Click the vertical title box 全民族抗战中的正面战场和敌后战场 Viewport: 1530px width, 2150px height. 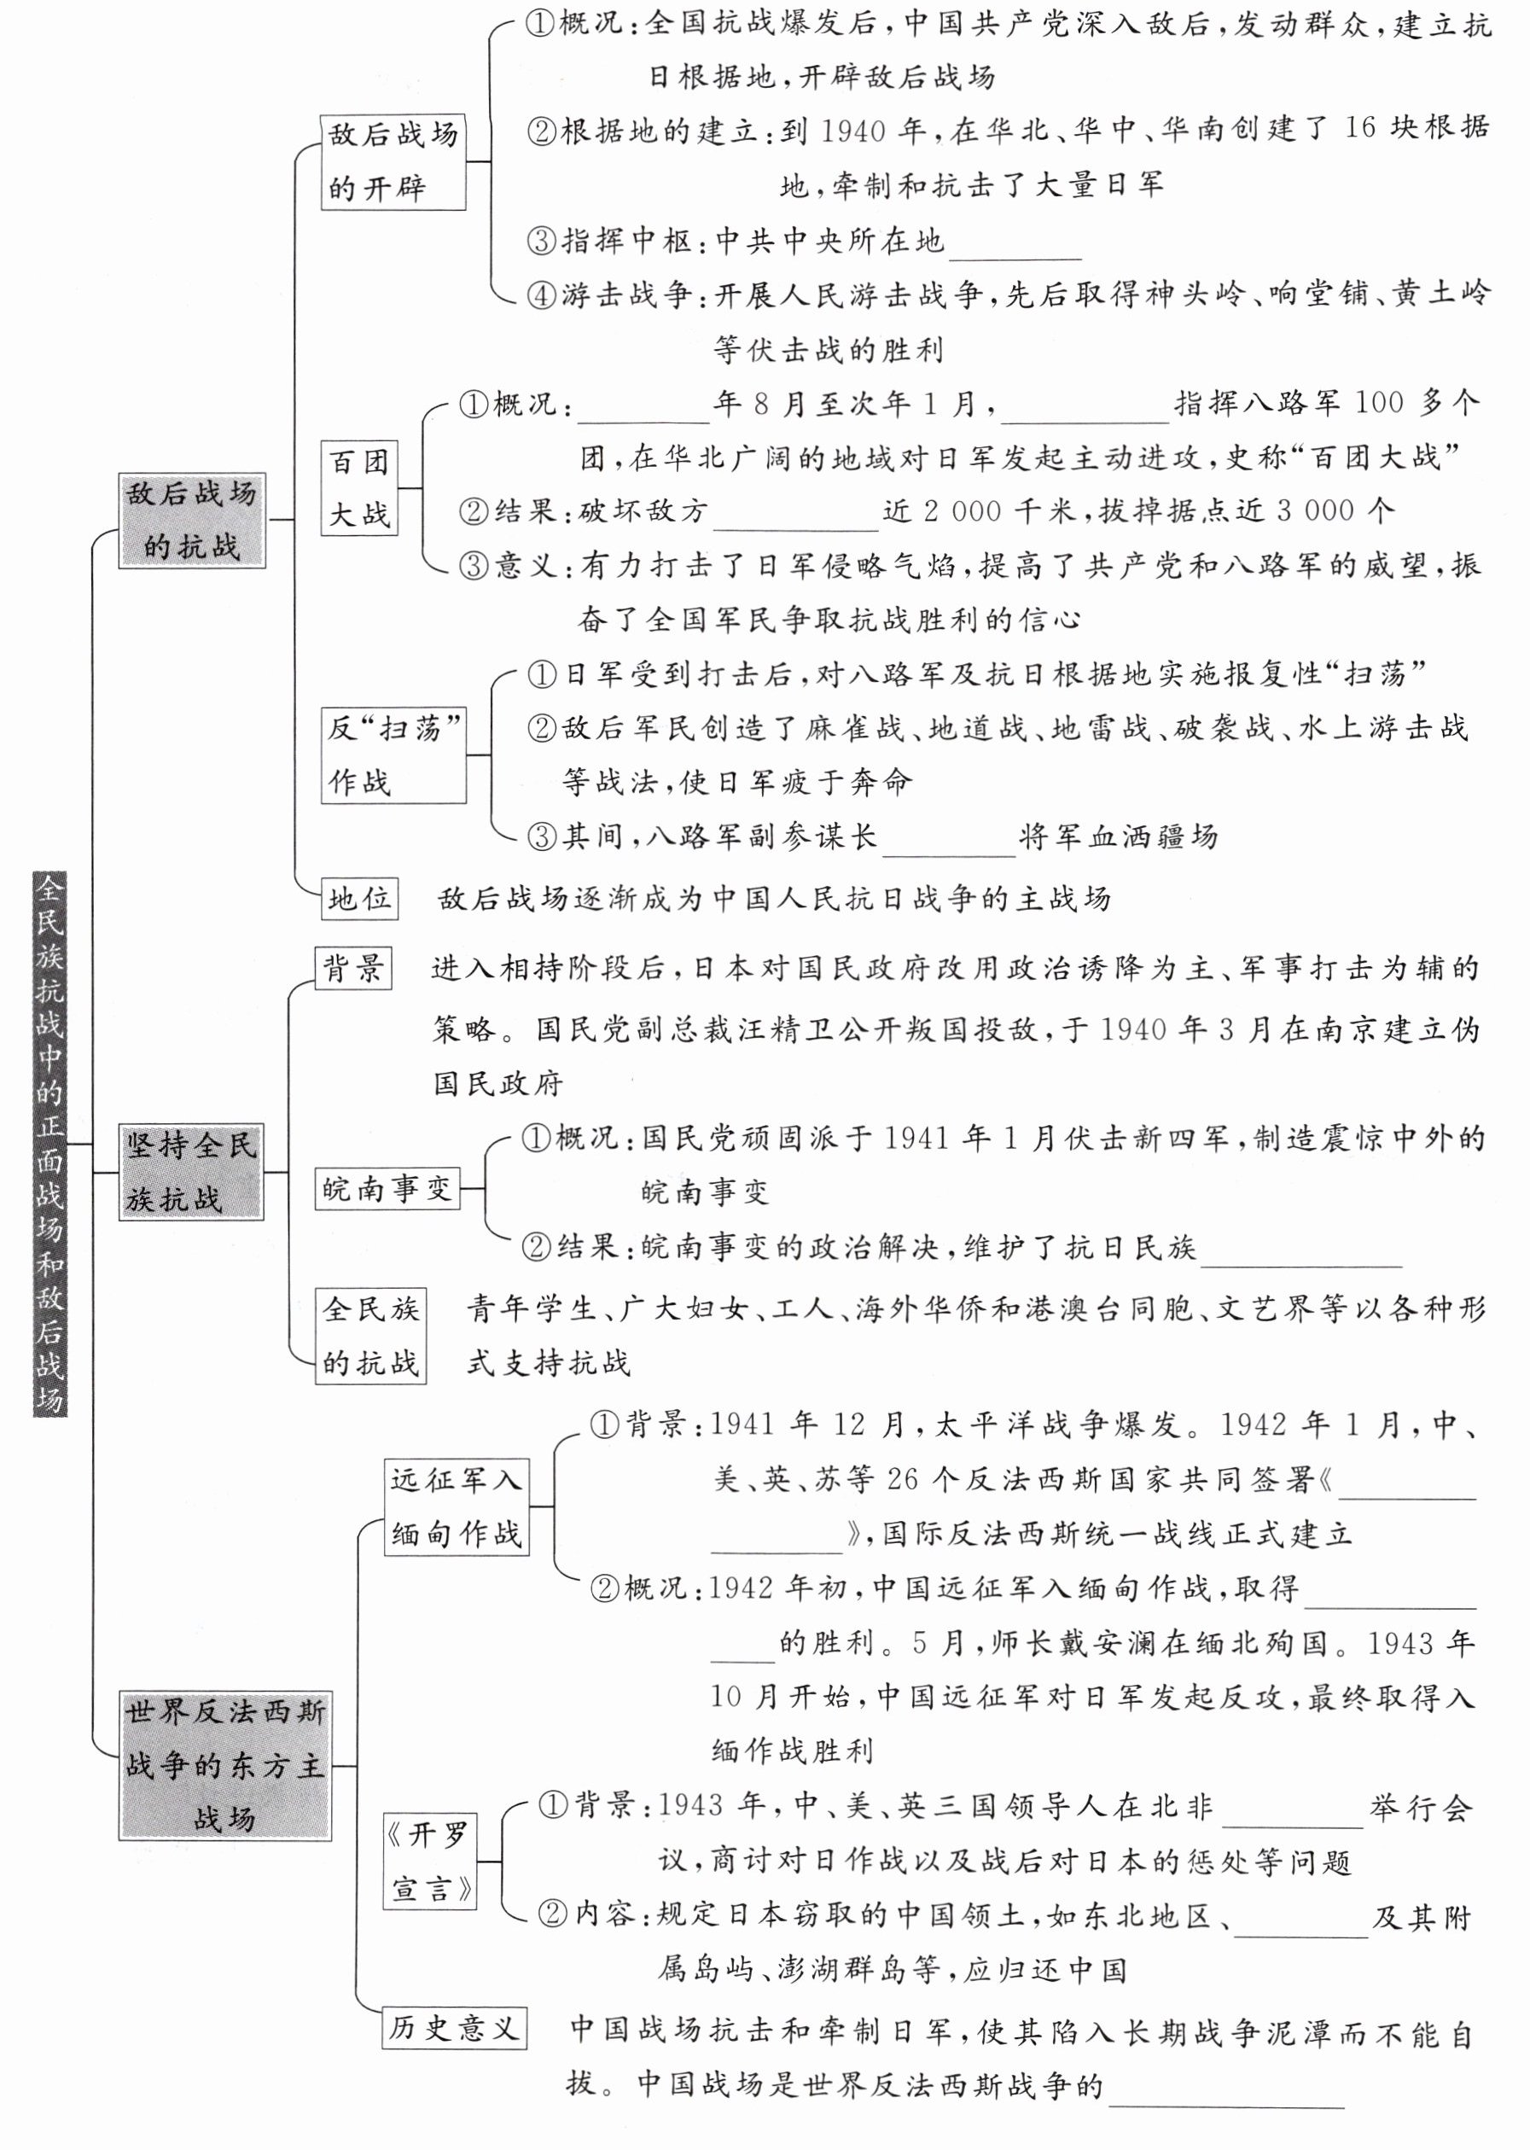point(50,1145)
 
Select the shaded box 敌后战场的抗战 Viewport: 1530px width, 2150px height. point(192,520)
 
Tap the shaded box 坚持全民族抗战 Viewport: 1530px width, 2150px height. point(191,1172)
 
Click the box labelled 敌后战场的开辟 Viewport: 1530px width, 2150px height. point(393,162)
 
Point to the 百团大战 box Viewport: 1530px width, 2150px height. point(359,488)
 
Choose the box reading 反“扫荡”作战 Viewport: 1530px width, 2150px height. point(393,755)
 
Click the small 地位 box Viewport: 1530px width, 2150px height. point(359,899)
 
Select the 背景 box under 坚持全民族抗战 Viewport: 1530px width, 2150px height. point(353,969)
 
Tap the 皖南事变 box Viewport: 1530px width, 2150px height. point(387,1188)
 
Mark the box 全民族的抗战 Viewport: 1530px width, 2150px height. point(370,1335)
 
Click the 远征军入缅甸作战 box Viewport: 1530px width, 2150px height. point(457,1506)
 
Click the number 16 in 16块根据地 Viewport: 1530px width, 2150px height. point(1360,129)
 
